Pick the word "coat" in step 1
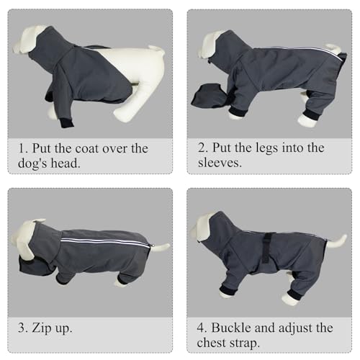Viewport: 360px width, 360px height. (x=90, y=148)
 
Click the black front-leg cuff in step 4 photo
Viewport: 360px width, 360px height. (x=228, y=290)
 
